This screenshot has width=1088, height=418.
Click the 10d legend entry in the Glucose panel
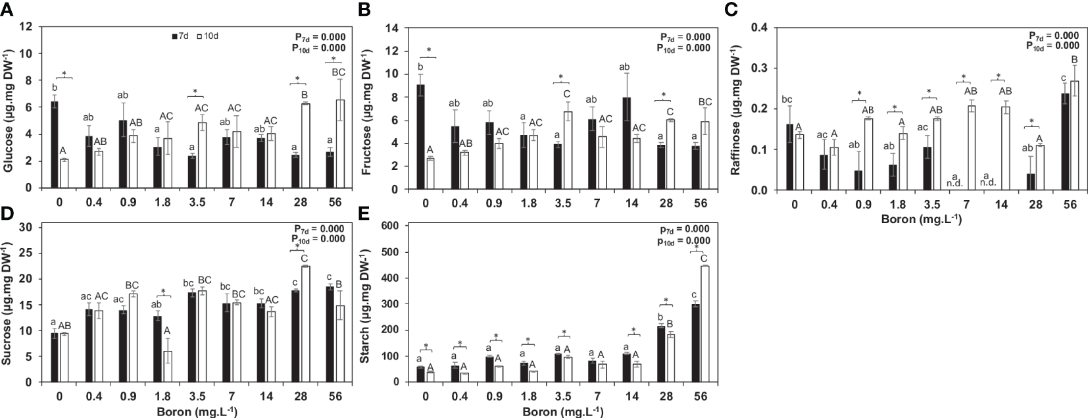tap(209, 36)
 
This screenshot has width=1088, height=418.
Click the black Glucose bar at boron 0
tap(55, 144)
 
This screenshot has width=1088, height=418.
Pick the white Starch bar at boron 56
tap(705, 324)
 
